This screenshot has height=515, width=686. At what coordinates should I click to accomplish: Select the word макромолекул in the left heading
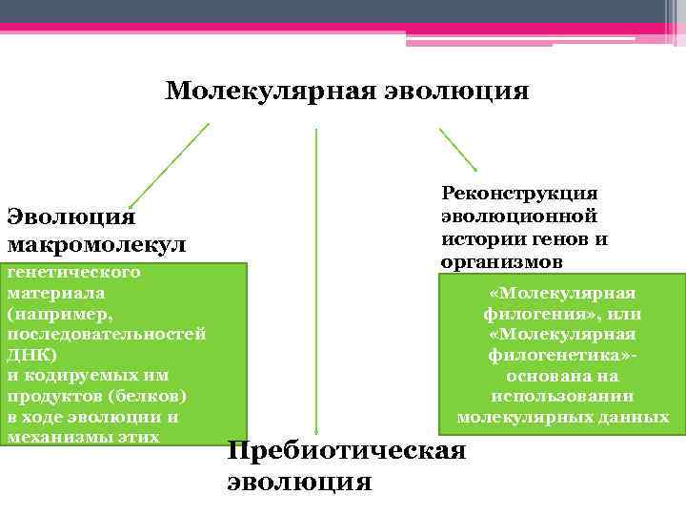tap(96, 246)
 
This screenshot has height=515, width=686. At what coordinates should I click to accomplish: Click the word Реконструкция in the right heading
tap(519, 195)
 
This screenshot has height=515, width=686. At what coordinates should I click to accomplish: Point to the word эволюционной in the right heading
tap(519, 216)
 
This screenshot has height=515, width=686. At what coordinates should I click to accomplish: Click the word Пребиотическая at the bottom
tap(347, 451)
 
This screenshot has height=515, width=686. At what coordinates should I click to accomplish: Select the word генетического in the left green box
tap(73, 273)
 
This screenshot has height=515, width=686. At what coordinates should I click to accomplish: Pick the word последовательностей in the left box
tap(106, 335)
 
